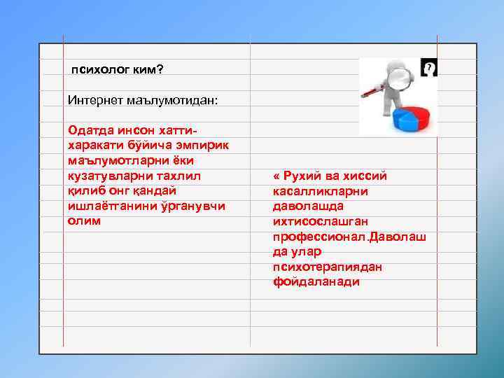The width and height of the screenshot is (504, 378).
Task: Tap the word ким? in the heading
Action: point(152,70)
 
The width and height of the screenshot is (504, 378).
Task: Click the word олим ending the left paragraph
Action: point(84,221)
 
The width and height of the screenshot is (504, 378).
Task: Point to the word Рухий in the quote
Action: point(300,176)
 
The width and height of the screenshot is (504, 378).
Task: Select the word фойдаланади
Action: point(316,282)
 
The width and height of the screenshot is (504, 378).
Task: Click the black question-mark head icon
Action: point(429,67)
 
